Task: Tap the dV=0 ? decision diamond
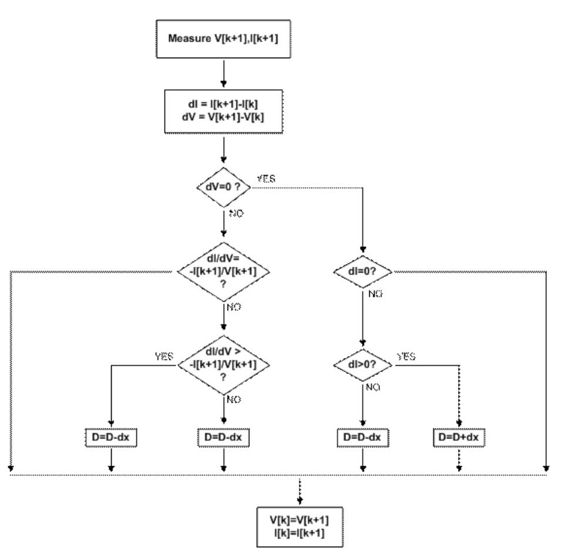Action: (223, 187)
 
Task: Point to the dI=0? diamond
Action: (363, 272)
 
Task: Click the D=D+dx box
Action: (459, 437)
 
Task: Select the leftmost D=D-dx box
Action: (112, 437)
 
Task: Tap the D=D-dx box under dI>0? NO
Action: (363, 437)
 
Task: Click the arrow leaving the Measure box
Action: (224, 75)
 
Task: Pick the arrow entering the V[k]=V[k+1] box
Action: (300, 493)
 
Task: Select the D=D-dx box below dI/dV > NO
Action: (223, 437)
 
